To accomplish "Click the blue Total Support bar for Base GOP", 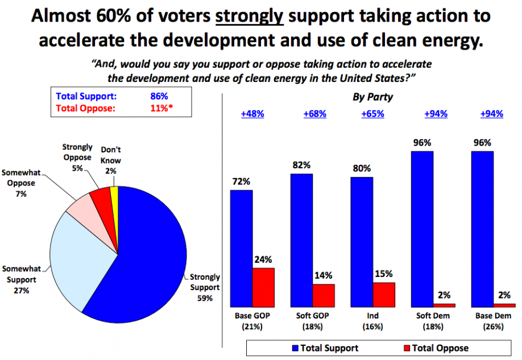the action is [x=241, y=249].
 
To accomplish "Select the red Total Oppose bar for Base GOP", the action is [x=264, y=287].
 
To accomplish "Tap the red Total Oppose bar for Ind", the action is [x=384, y=295].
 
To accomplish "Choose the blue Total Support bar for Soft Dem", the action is [x=422, y=229].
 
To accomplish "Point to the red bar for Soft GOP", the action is [x=324, y=296].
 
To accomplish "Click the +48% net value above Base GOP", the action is [x=252, y=114].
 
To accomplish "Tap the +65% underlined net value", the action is [x=373, y=114].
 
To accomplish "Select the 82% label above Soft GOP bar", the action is [x=301, y=165].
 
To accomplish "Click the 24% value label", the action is [x=263, y=259].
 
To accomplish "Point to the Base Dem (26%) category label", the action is [x=494, y=321].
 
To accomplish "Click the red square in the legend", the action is [x=407, y=349].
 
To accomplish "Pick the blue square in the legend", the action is [x=295, y=349].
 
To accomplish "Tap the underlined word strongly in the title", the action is [x=250, y=16].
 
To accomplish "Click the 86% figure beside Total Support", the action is [x=159, y=96].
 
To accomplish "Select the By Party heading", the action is [x=373, y=97].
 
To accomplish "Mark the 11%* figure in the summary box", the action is [x=162, y=108].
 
